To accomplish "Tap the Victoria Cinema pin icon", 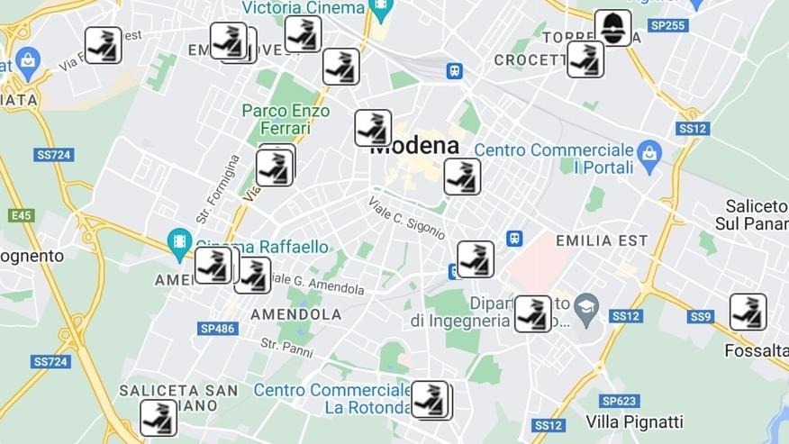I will [381, 9].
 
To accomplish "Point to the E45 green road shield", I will [21, 215].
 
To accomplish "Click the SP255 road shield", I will [667, 25].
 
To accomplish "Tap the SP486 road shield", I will [217, 329].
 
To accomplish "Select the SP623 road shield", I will [619, 401].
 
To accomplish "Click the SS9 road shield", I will [701, 316].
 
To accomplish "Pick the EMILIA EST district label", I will [602, 240].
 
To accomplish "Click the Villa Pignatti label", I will [634, 421].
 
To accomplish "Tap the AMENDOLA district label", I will [295, 314].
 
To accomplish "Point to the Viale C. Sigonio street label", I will [406, 217].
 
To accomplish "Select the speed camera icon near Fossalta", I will [748, 312].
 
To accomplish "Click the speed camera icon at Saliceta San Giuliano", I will [159, 418].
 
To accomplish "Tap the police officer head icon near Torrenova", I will [612, 28].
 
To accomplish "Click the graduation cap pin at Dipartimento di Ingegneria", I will [586, 305].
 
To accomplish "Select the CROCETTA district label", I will [530, 60].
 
